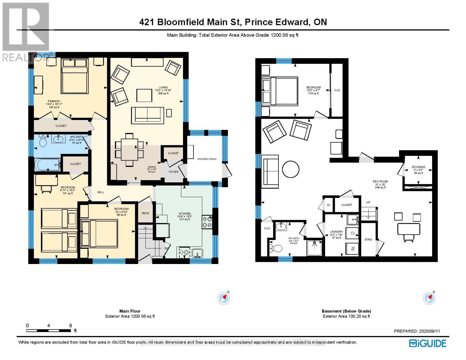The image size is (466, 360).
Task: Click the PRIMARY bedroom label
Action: (x=54, y=101)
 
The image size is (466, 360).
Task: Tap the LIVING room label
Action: (x=163, y=88)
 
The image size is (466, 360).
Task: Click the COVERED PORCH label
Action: (x=207, y=159)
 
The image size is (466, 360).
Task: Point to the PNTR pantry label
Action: (x=145, y=213)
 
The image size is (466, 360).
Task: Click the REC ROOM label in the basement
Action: (x=380, y=181)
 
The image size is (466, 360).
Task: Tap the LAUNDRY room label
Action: (x=336, y=232)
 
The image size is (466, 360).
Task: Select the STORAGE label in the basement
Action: (x=418, y=167)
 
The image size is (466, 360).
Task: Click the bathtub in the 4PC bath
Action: (x=47, y=165)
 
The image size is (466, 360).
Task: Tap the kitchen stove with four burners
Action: (x=207, y=222)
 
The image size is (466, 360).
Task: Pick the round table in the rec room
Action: (x=291, y=169)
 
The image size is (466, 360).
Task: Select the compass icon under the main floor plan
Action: (x=224, y=298)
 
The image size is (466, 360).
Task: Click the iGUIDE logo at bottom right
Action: (x=428, y=343)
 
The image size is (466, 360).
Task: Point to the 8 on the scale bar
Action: (x=71, y=325)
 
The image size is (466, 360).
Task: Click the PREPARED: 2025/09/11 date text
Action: (x=417, y=331)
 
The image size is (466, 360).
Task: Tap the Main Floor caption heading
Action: (x=130, y=311)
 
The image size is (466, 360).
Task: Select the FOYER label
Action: (x=173, y=172)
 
